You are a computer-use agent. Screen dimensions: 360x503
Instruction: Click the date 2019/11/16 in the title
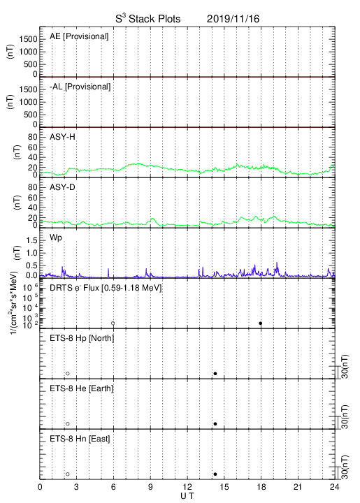tap(233, 19)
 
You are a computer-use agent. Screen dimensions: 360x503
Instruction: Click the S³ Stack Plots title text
tap(148, 19)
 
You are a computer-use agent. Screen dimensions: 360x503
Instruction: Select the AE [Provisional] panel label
tap(79, 36)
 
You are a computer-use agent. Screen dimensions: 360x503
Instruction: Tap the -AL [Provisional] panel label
tap(80, 87)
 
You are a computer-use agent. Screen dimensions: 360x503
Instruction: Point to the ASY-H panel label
tap(62, 137)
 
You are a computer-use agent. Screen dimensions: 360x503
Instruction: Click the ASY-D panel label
tap(62, 187)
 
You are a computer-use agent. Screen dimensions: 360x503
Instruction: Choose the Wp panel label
tap(55, 238)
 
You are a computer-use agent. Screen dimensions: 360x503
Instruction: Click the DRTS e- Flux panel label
tap(106, 288)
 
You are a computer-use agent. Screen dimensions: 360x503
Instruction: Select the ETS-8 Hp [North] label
tap(82, 338)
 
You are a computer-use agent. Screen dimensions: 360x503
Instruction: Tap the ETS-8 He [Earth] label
tap(82, 388)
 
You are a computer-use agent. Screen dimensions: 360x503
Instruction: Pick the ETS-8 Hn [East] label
tap(80, 439)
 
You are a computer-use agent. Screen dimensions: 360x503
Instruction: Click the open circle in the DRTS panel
tap(113, 323)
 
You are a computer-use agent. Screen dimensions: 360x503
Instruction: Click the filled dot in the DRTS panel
tap(261, 323)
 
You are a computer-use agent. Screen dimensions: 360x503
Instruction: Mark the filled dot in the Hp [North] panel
tap(215, 373)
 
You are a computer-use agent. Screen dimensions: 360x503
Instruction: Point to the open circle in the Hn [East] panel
tap(68, 474)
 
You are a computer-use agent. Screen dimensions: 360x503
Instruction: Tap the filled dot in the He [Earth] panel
tap(215, 424)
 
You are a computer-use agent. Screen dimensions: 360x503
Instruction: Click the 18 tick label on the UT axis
tap(261, 487)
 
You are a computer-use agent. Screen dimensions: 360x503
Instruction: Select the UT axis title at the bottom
tap(187, 496)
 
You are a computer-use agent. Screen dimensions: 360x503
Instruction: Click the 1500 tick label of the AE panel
tap(28, 39)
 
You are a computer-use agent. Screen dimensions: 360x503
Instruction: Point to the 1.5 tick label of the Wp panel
tap(31, 240)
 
